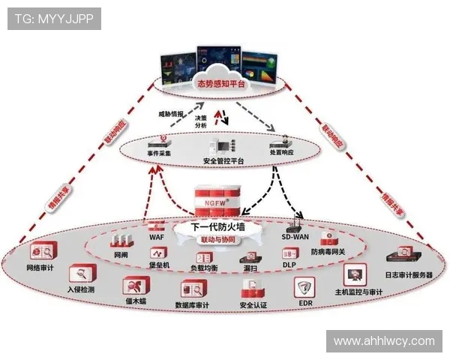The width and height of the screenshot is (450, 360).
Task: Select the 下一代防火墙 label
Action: point(220,227)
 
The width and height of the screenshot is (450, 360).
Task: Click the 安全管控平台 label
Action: point(224,161)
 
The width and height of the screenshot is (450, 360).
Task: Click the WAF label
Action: point(156,237)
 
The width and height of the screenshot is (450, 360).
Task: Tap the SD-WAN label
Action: point(295,237)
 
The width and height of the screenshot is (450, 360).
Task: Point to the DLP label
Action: point(289,265)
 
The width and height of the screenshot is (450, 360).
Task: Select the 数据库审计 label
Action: point(191,305)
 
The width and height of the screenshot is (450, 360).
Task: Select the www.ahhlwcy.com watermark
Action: point(384,341)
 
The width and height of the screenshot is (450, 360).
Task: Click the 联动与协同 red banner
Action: point(217,239)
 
